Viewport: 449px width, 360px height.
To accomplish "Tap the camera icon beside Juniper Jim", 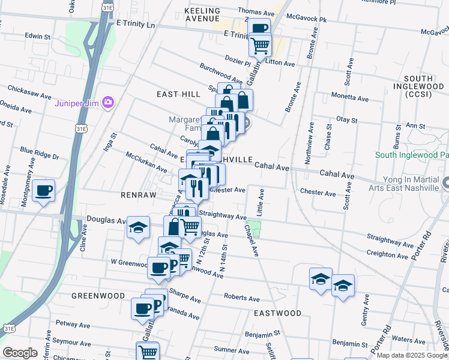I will tap(108, 102).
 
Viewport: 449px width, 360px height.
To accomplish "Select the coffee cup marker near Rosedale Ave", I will tap(44, 191).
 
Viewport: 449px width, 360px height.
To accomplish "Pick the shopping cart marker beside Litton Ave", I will tap(261, 45).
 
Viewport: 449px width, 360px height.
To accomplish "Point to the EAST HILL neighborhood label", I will tap(178, 94).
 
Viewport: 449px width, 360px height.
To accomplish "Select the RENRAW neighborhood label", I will tap(138, 196).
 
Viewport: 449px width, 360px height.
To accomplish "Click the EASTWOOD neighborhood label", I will tap(277, 313).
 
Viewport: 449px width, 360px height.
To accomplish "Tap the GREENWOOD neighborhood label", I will tap(98, 296).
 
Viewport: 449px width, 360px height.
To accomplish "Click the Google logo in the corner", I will tap(20, 353).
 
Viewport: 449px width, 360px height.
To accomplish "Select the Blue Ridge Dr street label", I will tap(40, 153).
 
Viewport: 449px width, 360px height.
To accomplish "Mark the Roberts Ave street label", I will tap(241, 298).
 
